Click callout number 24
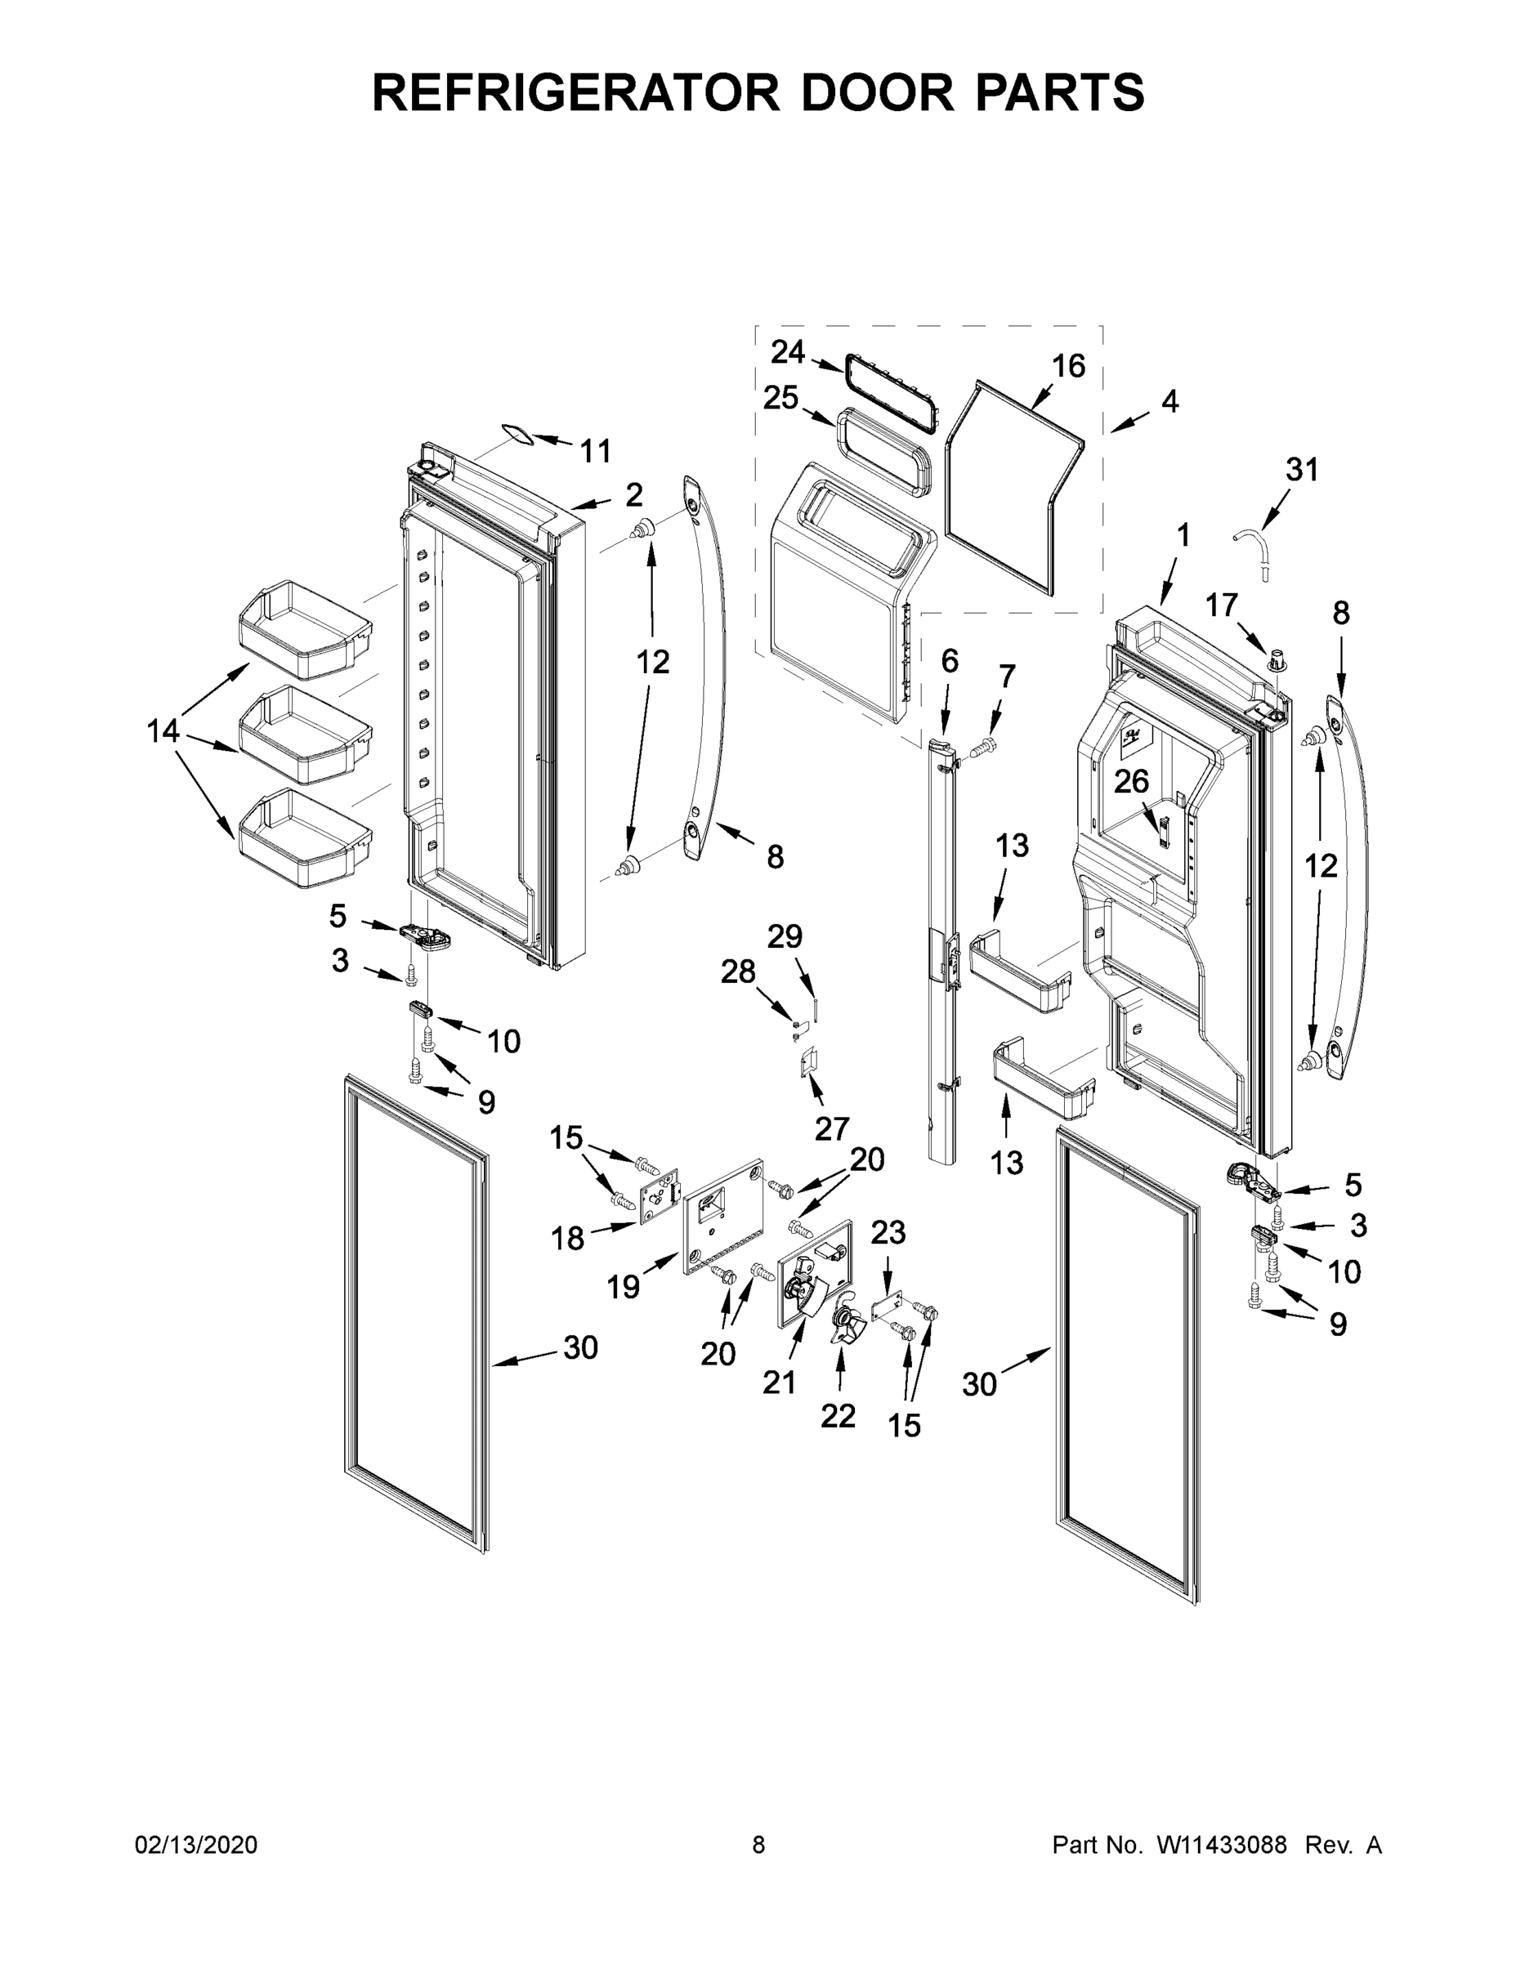[x=787, y=352]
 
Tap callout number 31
[x=1301, y=469]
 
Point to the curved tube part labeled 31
[x=1253, y=546]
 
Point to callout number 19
[x=623, y=1288]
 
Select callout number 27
[x=832, y=1128]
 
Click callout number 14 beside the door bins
[x=163, y=732]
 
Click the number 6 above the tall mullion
[x=950, y=661]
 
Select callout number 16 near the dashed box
[x=1069, y=365]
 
